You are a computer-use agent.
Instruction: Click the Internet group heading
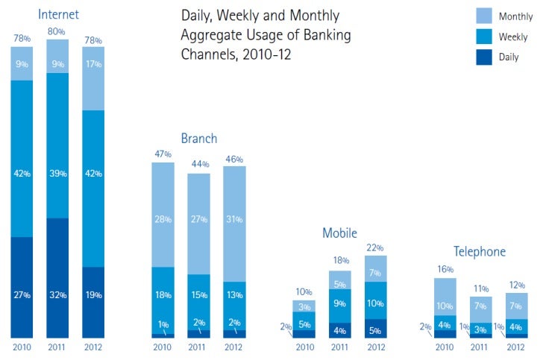point(58,14)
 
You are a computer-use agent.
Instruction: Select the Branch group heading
point(199,138)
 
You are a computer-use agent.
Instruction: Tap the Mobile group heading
point(339,233)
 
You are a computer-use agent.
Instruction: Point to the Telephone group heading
point(480,252)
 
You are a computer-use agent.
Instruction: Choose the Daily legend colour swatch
point(486,57)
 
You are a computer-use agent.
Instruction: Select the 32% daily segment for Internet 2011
point(57,277)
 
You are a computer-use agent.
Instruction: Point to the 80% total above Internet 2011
point(57,31)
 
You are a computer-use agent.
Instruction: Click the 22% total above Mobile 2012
point(376,247)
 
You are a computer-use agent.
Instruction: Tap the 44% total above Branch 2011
point(198,165)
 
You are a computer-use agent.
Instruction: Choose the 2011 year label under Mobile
point(339,347)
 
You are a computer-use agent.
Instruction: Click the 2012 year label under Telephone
point(515,347)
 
